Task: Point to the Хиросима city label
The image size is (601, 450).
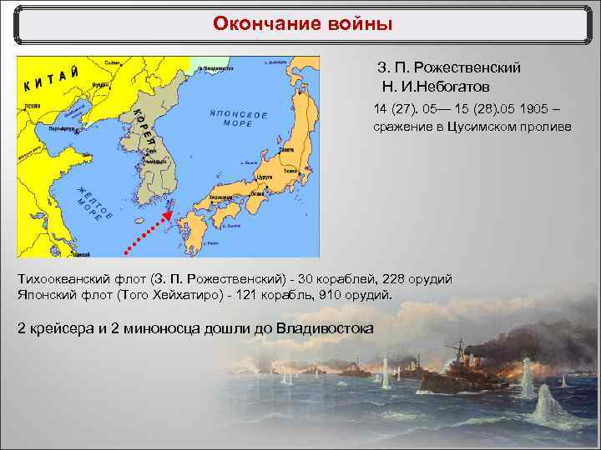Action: [221, 197]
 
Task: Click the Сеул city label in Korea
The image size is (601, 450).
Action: [147, 151]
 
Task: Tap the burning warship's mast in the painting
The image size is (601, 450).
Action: [457, 350]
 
